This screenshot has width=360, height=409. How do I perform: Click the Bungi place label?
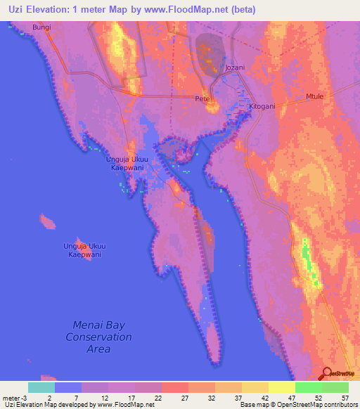41,27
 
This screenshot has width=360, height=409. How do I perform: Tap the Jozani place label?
234,67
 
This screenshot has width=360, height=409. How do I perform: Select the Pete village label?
202,99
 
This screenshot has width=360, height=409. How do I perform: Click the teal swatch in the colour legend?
41,387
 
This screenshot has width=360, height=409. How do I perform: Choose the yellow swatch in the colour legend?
281,387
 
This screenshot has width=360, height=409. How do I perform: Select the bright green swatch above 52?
308,387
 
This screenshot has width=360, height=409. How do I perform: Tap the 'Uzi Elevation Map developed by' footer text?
49,405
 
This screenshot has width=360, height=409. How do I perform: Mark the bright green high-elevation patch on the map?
307,253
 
